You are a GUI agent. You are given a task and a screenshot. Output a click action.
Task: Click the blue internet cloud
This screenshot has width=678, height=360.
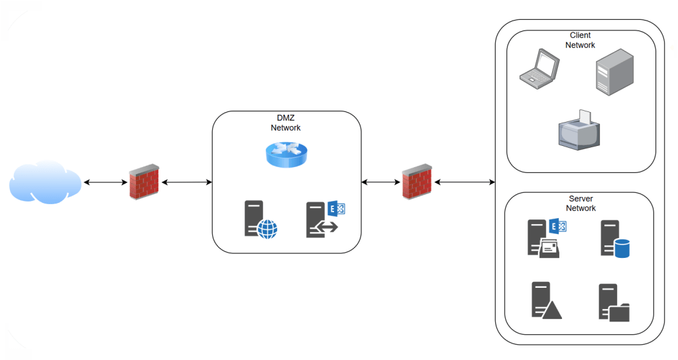45,182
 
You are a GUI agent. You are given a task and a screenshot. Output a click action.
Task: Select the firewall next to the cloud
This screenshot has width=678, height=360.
144,182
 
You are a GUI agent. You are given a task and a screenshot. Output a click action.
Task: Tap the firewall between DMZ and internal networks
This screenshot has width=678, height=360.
418,182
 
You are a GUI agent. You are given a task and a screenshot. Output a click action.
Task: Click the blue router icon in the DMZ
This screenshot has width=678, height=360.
286,154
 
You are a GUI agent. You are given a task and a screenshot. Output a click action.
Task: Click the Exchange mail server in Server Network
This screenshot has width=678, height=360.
546,237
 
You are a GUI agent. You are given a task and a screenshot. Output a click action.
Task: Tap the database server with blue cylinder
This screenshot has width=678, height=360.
614,239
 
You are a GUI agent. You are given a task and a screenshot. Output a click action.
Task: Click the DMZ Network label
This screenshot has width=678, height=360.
286,123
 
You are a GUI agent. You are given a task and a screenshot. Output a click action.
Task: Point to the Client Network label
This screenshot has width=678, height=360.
580,40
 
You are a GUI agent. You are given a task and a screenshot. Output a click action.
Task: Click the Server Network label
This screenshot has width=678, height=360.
581,204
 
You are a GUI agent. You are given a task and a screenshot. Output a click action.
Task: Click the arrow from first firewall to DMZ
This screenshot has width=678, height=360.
186,182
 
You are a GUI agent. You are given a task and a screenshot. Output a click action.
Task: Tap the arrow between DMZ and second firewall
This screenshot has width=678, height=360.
381,182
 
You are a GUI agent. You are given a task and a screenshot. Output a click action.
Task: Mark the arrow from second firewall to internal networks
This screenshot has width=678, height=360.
465,182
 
